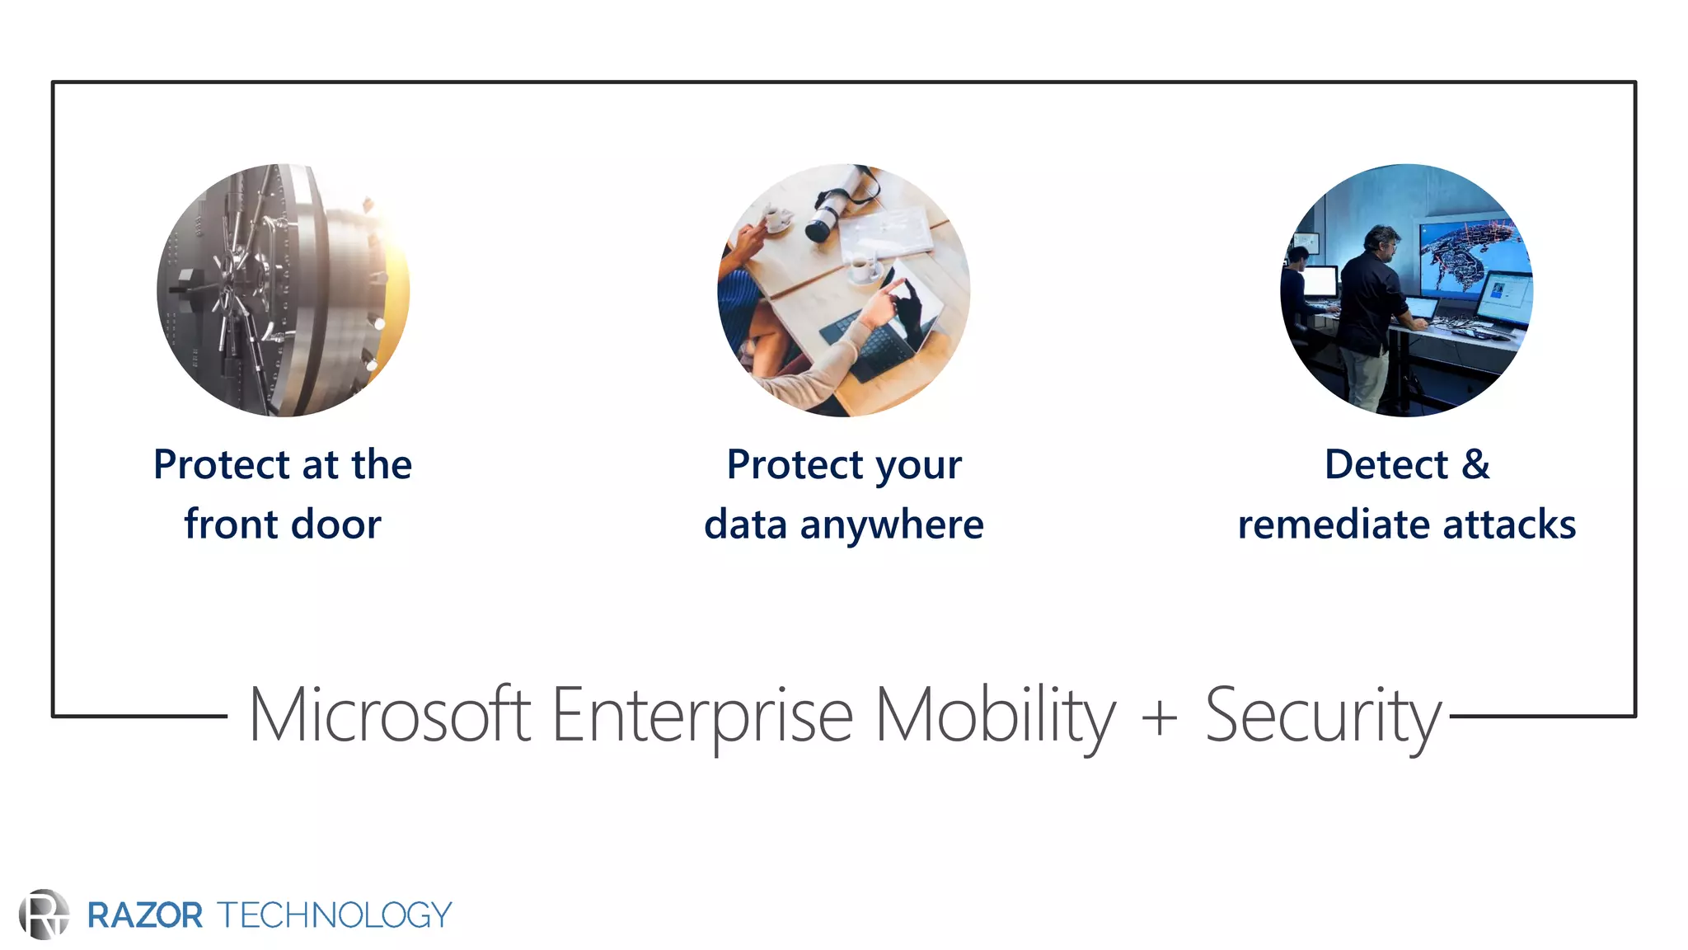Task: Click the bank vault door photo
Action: (283, 290)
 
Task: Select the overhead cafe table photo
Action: (844, 290)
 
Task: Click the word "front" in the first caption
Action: (231, 524)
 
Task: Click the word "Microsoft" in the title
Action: (389, 715)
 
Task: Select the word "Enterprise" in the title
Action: (702, 715)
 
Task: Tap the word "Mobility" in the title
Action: (995, 715)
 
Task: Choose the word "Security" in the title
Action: (1323, 715)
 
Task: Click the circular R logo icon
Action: (44, 914)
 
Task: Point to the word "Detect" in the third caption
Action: (1386, 464)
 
